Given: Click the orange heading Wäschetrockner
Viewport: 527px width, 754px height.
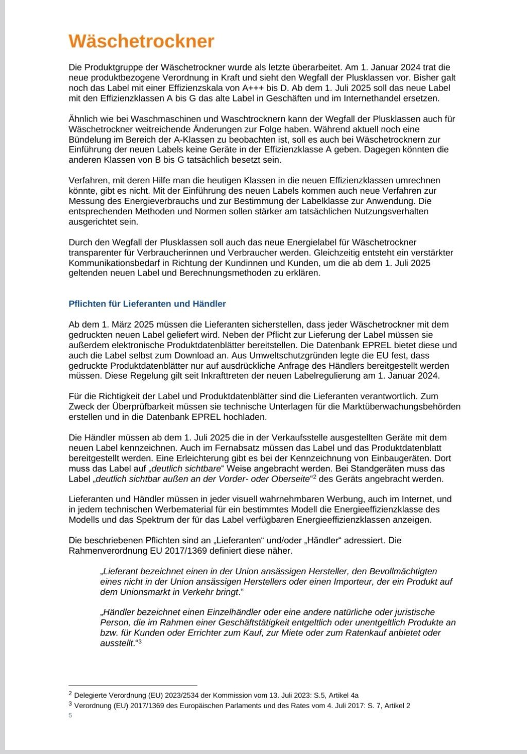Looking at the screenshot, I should coord(141,41).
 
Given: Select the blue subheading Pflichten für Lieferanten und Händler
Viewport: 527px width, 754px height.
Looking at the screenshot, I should coord(147,304).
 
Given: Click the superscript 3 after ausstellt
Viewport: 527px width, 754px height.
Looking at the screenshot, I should coord(139,641).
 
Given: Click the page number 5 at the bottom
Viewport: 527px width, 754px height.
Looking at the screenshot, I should coord(71,715).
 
